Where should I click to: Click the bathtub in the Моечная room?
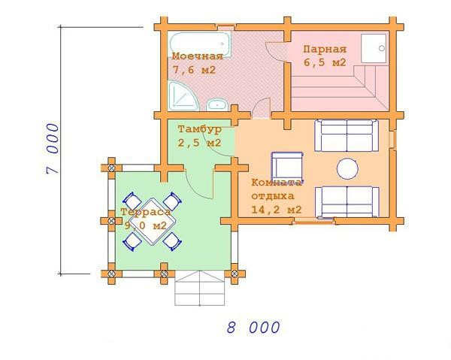click(200, 44)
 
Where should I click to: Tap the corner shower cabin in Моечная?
click(182, 96)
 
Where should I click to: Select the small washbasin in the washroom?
click(217, 105)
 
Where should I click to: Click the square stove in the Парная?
click(374, 48)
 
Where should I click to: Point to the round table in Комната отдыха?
click(347, 168)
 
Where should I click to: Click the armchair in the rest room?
click(287, 167)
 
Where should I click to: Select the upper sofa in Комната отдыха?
click(347, 135)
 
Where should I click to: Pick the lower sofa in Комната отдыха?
click(347, 202)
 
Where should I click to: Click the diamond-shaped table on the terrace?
click(152, 221)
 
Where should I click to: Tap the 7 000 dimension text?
click(53, 148)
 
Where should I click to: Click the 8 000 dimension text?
click(253, 327)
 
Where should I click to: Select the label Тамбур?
click(200, 129)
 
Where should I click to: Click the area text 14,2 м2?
click(277, 210)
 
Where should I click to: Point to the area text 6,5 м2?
click(325, 62)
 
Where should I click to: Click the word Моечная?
click(198, 56)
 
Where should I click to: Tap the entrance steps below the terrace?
click(200, 288)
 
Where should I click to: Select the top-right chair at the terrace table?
click(172, 201)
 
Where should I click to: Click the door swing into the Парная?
click(276, 51)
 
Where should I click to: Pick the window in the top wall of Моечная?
click(226, 27)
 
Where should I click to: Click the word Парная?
click(325, 49)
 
